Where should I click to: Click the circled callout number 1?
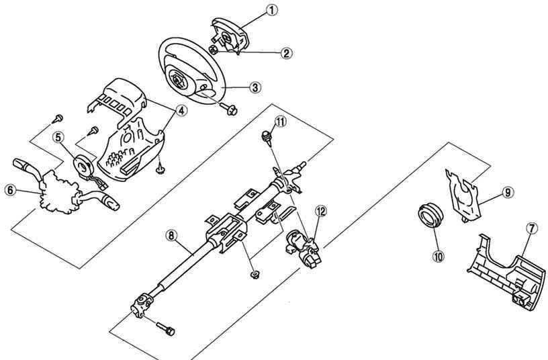click(271, 10)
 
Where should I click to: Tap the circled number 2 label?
click(286, 53)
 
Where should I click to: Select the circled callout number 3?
click(255, 87)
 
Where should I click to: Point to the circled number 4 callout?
click(181, 111)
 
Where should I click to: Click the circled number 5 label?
click(58, 137)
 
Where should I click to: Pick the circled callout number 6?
click(11, 191)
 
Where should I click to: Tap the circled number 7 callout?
click(532, 228)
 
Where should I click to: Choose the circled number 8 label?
click(171, 236)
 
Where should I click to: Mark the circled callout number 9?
click(508, 192)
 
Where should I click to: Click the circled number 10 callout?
click(438, 256)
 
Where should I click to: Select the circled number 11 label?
click(280, 122)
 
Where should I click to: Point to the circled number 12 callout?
click(320, 211)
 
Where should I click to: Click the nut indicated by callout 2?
click(214, 50)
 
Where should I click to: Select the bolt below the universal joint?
click(165, 328)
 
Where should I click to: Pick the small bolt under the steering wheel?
click(229, 109)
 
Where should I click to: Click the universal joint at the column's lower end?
click(142, 305)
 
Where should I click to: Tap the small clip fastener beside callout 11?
click(267, 136)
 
